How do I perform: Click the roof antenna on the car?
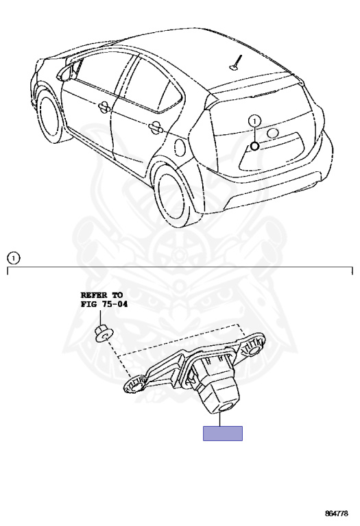236,63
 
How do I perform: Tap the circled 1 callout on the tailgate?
255,121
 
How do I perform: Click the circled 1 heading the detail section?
14,258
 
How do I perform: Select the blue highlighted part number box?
223,433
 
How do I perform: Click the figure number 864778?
336,513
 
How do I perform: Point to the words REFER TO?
101,295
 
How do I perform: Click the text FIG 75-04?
104,304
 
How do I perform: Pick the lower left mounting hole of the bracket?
136,388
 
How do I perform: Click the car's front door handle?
105,107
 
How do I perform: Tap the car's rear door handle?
156,127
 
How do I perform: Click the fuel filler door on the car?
180,147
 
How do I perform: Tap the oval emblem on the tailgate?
273,133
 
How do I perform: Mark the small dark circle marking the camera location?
254,146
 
